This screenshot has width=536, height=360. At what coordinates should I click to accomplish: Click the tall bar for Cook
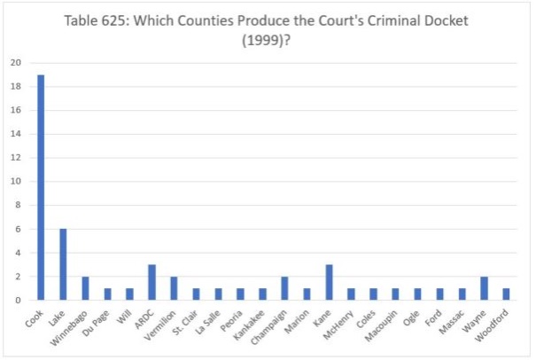[x=41, y=187]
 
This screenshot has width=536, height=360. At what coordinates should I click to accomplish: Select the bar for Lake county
[x=63, y=264]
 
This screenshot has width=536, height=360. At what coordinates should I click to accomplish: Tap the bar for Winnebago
[x=85, y=288]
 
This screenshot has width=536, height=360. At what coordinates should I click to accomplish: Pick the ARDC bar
[x=151, y=282]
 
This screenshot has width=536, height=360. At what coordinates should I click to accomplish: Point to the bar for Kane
[x=329, y=282]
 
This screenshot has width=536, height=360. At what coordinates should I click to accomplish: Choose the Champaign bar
[x=284, y=288]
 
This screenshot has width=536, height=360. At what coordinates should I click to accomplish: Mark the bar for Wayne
[x=484, y=288]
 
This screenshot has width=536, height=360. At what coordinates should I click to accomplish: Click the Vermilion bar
[x=174, y=288]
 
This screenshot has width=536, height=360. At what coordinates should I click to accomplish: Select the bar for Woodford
[x=506, y=294]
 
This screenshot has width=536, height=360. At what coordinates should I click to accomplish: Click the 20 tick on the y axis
[x=15, y=63]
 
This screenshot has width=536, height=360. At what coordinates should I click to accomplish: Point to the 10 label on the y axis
[x=15, y=182]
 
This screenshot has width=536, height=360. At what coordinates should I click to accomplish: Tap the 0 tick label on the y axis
[x=18, y=301]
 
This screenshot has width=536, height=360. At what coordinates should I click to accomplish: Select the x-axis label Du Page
[x=98, y=321]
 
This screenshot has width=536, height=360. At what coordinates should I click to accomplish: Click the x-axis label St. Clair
[x=186, y=321]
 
